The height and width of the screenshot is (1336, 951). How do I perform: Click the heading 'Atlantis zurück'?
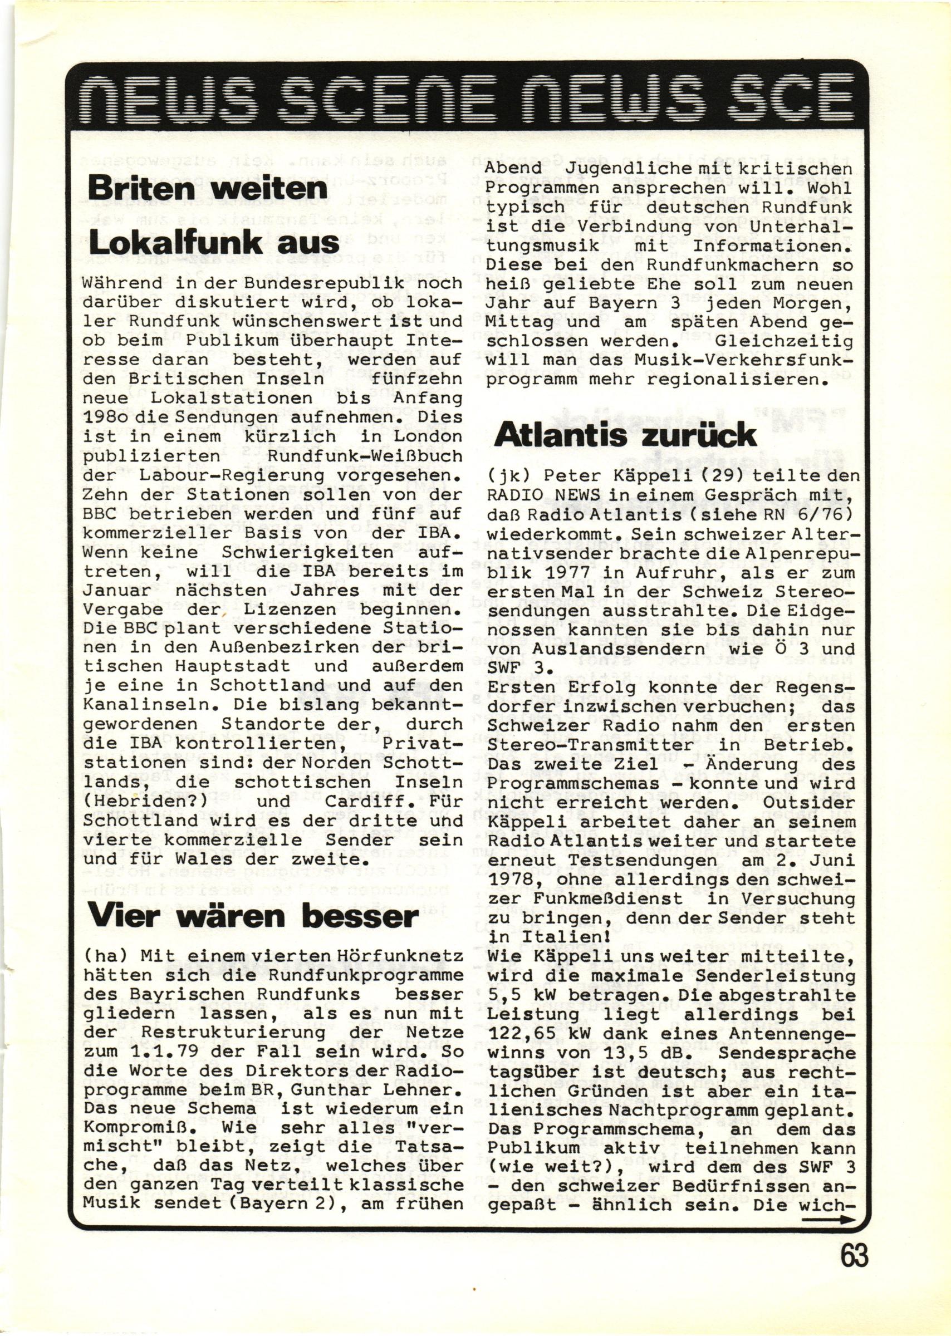(x=625, y=435)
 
